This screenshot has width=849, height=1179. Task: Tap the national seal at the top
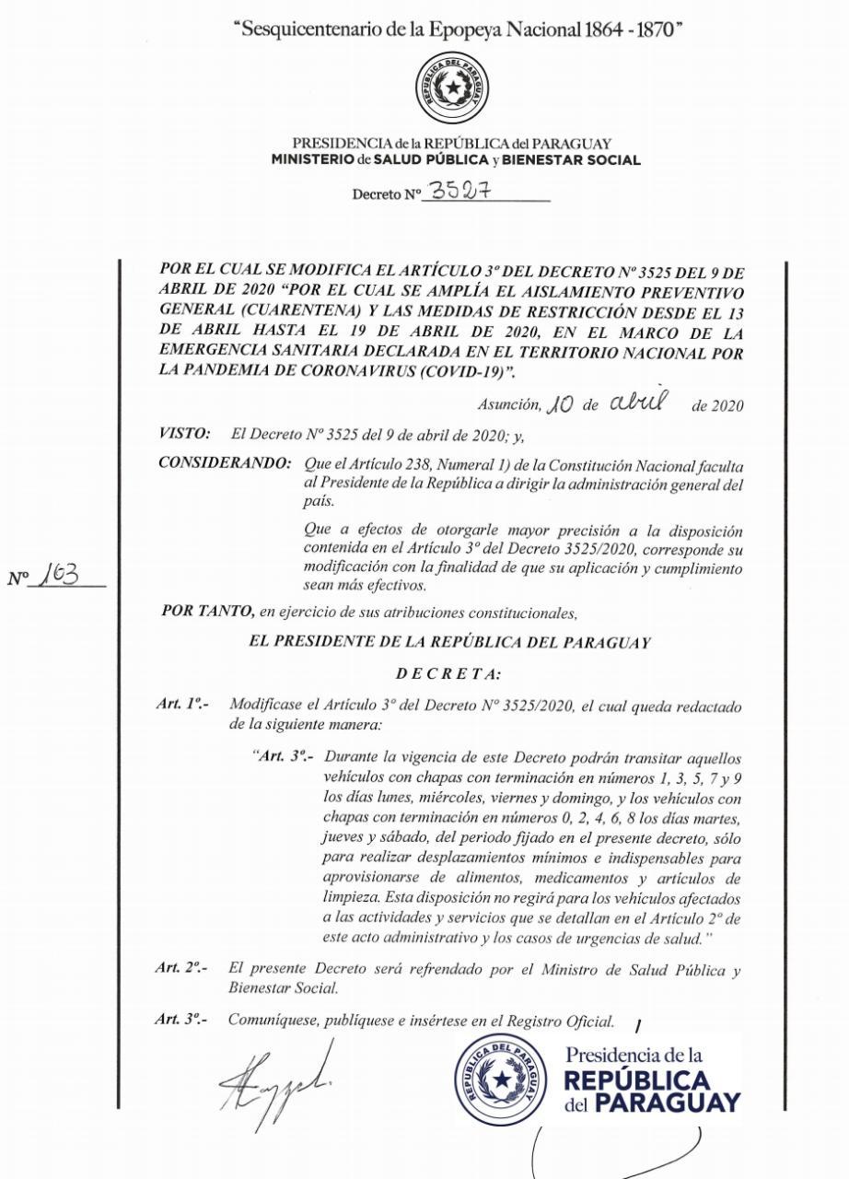(451, 88)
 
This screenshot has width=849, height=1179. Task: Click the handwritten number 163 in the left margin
(64, 576)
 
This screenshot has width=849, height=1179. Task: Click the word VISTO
(185, 432)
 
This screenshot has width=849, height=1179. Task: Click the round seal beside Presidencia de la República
(502, 1079)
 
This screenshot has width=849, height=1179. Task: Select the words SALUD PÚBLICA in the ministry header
(446, 159)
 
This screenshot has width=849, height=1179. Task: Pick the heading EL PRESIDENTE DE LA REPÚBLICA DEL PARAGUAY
(449, 643)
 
